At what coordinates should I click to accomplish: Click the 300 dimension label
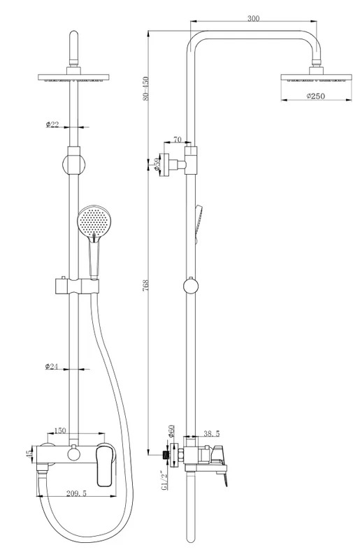point(253,19)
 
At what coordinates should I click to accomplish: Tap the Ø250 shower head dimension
point(316,96)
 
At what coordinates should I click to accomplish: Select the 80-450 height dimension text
point(145,89)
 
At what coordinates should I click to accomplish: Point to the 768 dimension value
point(145,286)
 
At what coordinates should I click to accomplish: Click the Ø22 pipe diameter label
point(52,124)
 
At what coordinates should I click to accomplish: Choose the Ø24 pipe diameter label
point(52,366)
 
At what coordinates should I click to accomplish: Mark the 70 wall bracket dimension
point(178,139)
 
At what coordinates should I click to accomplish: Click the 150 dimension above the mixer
point(60,430)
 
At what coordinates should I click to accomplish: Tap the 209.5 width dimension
point(76,493)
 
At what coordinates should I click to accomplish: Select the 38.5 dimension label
point(212,433)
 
